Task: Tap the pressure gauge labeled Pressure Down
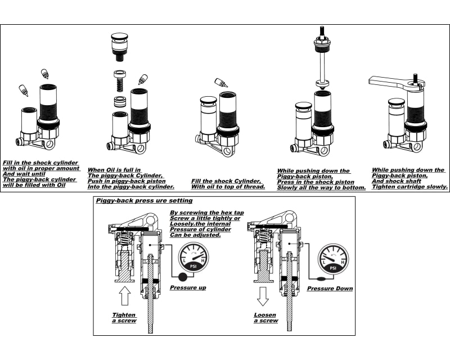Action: pos(332,259)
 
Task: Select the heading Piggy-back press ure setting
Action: pos(144,200)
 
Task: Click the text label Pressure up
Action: pos(188,288)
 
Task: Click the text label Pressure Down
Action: pos(330,289)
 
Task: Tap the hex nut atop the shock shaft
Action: pos(322,42)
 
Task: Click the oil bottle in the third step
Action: pos(221,83)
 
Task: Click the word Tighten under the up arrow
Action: pos(124,314)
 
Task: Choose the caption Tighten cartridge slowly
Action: pos(410,187)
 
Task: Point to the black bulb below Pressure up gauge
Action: pos(182,276)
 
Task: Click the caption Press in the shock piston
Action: pos(316,182)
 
